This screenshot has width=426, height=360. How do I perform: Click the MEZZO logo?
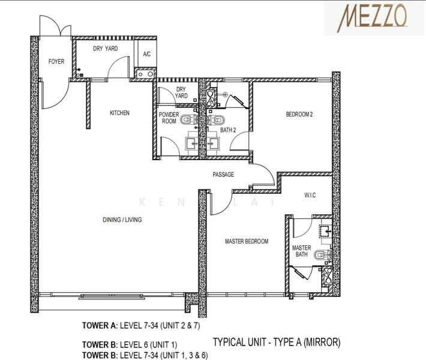[376, 16]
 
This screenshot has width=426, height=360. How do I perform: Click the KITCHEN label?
[119, 113]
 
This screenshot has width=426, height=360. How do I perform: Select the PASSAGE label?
[223, 175]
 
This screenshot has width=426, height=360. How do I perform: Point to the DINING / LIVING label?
[122, 220]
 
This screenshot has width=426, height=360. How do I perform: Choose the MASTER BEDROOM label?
[247, 242]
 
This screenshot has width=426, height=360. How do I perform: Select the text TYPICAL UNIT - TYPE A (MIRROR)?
[277, 343]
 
